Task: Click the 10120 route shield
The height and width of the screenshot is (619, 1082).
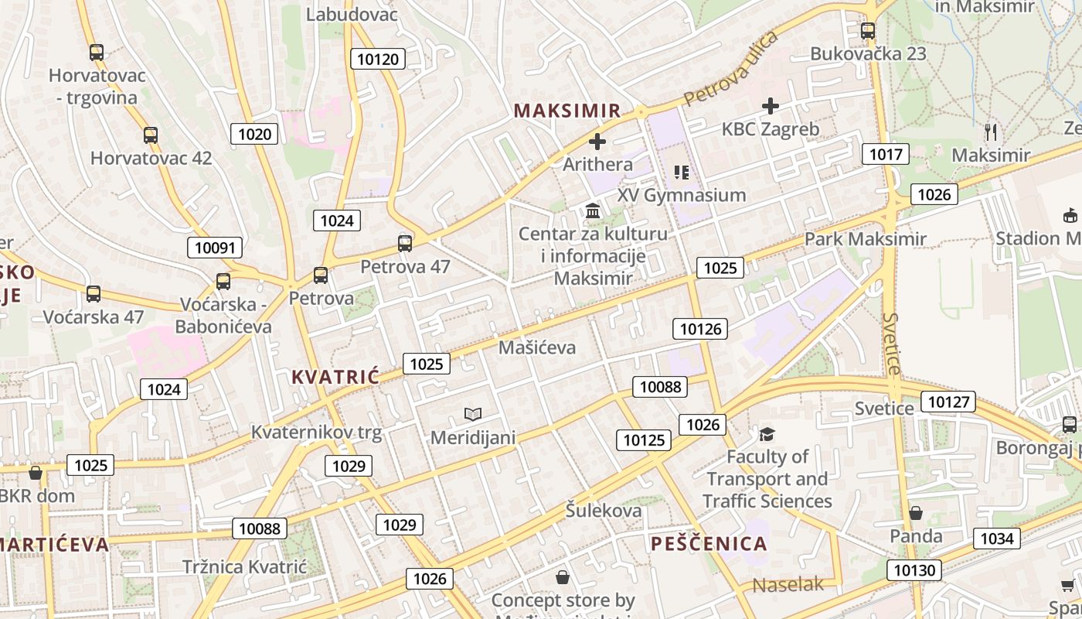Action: pyautogui.click(x=378, y=59)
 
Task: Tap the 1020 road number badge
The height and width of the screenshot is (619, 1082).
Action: pyautogui.click(x=254, y=134)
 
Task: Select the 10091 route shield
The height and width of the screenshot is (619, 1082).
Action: pyautogui.click(x=215, y=248)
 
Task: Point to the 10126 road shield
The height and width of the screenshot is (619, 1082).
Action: pyautogui.click(x=700, y=329)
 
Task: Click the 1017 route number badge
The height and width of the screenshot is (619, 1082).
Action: pyautogui.click(x=886, y=154)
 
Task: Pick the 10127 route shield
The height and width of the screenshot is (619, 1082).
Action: pyautogui.click(x=948, y=402)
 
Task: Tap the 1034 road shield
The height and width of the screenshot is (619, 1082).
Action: pyautogui.click(x=996, y=538)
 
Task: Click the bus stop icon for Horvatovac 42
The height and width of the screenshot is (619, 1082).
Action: pyautogui.click(x=151, y=135)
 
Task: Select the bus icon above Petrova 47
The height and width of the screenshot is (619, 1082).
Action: pyautogui.click(x=405, y=244)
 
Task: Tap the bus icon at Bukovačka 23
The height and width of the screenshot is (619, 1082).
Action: pyautogui.click(x=868, y=31)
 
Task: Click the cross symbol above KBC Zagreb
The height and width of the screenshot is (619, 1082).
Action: pyautogui.click(x=771, y=106)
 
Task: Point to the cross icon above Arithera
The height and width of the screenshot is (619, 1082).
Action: pyautogui.click(x=597, y=142)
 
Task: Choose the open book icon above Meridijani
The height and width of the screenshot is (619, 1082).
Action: pyautogui.click(x=473, y=415)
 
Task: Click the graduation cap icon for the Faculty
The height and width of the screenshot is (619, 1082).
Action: pyautogui.click(x=767, y=434)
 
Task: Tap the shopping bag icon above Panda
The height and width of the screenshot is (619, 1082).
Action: pyautogui.click(x=916, y=513)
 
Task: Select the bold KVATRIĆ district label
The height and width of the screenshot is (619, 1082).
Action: pyautogui.click(x=335, y=378)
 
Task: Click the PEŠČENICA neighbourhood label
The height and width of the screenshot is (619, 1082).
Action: pyautogui.click(x=709, y=543)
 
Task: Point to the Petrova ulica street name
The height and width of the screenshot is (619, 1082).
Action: pyautogui.click(x=731, y=68)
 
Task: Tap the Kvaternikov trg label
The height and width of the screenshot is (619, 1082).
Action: pyautogui.click(x=316, y=432)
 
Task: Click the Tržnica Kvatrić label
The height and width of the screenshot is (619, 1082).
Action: pyautogui.click(x=244, y=566)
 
